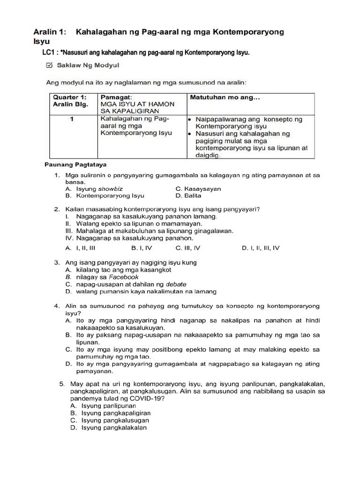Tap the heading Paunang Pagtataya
click(x=75, y=165)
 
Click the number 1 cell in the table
click(x=72, y=119)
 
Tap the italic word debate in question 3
click(x=176, y=284)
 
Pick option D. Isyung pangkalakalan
click(x=111, y=427)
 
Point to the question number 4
click(x=56, y=306)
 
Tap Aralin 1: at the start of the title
click(x=49, y=32)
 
